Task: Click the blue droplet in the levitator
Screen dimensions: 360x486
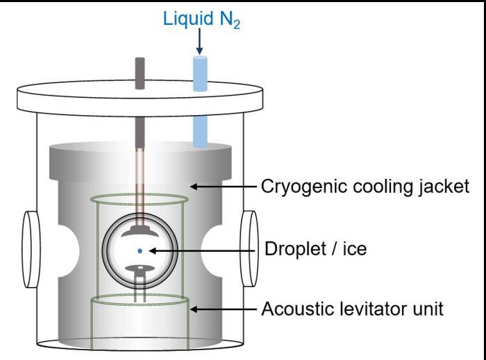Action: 140,250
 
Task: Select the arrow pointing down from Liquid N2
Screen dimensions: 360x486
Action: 199,44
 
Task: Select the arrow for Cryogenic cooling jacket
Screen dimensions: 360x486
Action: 222,186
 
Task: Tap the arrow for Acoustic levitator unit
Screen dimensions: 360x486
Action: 223,308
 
